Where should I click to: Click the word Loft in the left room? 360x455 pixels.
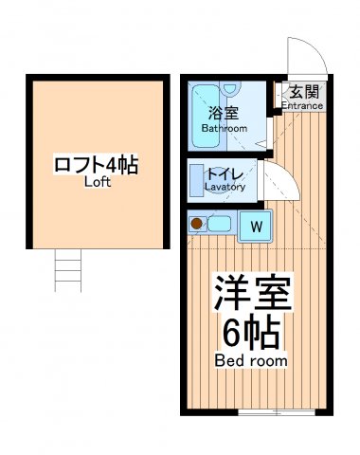[x=98, y=182]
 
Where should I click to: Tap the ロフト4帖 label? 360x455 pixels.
[x=98, y=165]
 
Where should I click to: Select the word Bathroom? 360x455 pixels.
[x=227, y=128]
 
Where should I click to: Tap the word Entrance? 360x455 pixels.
[x=303, y=107]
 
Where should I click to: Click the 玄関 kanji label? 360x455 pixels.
[x=303, y=93]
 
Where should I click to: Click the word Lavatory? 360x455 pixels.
[x=225, y=188]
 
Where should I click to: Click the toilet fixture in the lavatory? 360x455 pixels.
[x=199, y=180]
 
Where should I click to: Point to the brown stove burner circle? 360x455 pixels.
[x=197, y=225]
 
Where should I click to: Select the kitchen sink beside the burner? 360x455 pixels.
[x=218, y=225]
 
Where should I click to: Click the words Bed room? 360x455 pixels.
[x=252, y=361]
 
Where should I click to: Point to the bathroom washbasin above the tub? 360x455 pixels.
[x=231, y=91]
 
